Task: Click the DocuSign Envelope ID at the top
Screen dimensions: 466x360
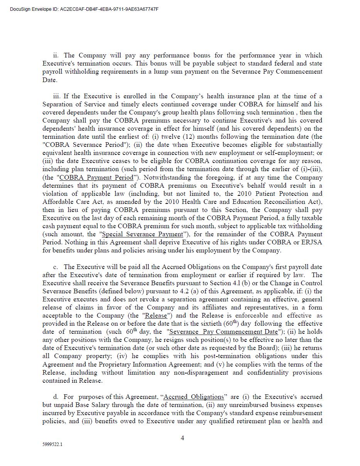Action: (x=84, y=9)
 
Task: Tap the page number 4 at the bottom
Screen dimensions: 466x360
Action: (x=182, y=438)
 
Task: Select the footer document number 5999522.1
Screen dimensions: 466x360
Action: (x=52, y=444)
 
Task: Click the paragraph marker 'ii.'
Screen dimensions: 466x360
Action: (x=56, y=56)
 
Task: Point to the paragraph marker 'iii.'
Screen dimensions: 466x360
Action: (x=57, y=96)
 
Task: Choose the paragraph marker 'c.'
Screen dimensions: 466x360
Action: (x=56, y=267)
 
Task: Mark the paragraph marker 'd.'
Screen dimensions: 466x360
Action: (x=56, y=397)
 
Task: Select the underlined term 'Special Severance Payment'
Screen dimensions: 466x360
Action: (x=142, y=234)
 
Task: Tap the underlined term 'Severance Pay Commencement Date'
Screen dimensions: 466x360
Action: (x=223, y=332)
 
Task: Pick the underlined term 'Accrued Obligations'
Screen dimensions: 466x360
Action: (x=194, y=397)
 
